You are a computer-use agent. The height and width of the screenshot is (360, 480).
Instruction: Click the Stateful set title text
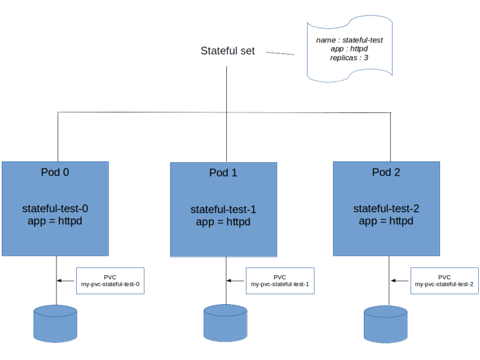227,50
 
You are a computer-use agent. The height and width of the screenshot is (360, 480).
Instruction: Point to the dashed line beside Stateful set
280,53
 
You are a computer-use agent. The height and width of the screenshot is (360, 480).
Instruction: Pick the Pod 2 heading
386,172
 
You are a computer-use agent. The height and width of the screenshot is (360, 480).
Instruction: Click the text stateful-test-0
55,208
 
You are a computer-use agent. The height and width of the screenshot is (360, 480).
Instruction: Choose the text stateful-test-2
386,208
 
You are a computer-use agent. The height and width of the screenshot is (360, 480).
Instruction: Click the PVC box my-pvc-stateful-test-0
109,280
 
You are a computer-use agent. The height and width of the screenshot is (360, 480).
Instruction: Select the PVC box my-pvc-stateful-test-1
280,280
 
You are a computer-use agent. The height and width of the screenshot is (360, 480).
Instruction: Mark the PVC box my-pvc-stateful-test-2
444,280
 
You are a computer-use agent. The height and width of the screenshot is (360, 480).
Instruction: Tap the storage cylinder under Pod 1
225,324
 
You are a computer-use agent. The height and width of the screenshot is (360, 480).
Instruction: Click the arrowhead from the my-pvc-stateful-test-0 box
60,281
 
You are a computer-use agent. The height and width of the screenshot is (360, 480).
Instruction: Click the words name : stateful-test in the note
349,40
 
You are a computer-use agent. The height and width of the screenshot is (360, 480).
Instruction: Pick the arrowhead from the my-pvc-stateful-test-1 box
229,281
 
